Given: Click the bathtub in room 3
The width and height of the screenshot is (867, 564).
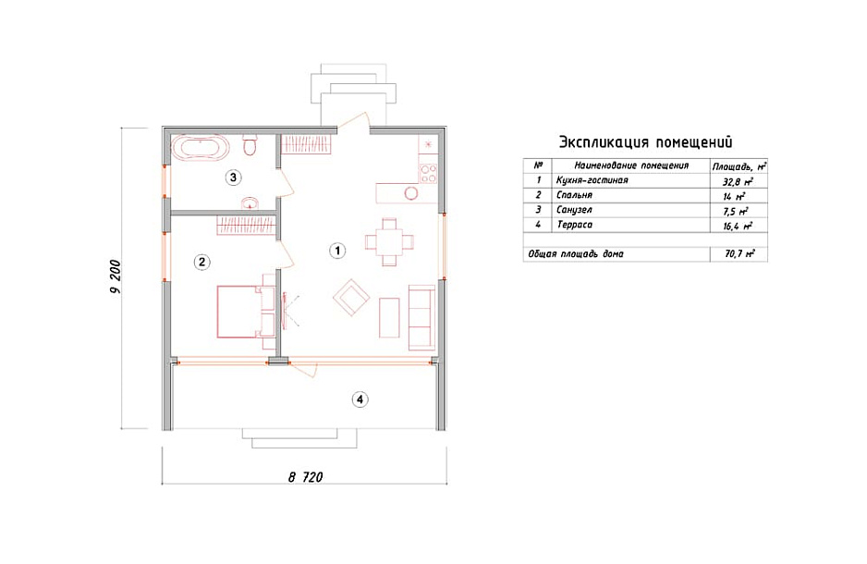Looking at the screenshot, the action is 200,148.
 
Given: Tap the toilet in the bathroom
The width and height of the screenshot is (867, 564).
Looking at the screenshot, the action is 250,145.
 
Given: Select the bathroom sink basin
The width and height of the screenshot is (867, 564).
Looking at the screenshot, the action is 250,203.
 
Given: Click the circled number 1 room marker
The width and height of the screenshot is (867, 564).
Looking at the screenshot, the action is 337,251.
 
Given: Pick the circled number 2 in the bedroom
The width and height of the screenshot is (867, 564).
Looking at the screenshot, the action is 201,262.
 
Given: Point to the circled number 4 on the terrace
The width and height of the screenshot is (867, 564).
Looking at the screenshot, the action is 360,399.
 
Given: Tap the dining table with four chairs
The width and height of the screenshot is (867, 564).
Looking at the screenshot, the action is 389,241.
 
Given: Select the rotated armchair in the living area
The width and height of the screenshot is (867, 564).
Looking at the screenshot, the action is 351,298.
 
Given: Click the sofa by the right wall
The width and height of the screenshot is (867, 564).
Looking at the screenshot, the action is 421,317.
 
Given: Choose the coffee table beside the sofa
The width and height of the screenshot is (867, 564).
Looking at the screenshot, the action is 389,317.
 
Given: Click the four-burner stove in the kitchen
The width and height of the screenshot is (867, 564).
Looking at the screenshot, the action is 428,173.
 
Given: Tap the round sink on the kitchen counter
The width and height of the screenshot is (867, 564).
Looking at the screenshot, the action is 410,193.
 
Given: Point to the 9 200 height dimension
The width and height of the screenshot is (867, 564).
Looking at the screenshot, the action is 115,276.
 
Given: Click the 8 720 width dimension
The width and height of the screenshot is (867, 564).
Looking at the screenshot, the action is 305,477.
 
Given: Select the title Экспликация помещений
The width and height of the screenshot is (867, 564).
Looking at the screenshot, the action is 645,142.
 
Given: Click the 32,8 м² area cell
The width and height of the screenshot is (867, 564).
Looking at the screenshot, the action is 738,181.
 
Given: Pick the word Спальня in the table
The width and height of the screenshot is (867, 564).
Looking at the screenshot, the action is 575,195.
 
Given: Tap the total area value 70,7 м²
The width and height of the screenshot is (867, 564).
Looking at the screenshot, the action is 739,253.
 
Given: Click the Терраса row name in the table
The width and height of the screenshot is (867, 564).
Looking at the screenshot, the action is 575,225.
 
